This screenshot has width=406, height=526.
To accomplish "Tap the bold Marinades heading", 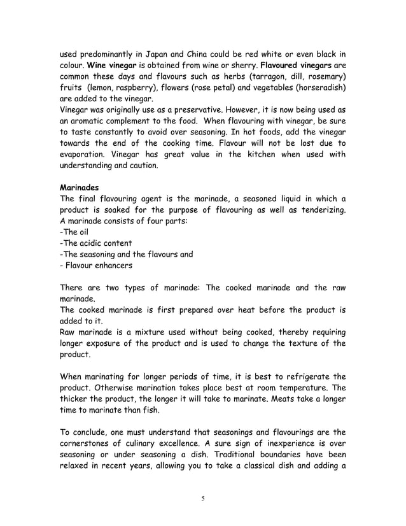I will point(81,188).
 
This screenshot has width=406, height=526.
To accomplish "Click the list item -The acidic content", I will point(95,243).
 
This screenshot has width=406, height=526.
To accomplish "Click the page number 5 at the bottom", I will point(202,498).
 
